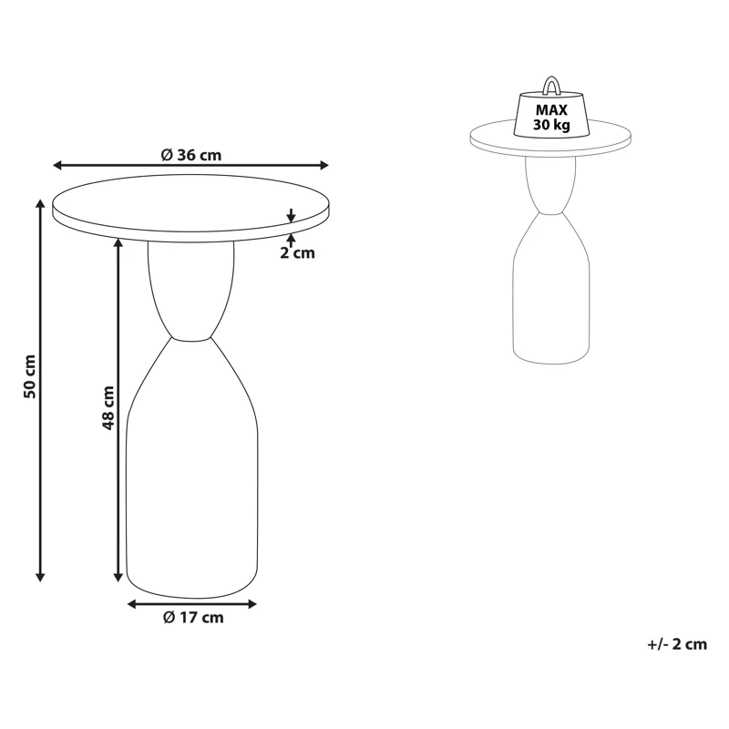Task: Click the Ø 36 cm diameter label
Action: (x=191, y=155)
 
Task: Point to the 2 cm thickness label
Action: (x=297, y=253)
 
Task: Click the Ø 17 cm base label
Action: (x=193, y=618)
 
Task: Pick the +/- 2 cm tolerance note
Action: (x=677, y=644)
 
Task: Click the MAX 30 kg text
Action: (x=551, y=118)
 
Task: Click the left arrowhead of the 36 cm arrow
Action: (x=57, y=165)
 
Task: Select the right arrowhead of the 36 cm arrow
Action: (x=324, y=165)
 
